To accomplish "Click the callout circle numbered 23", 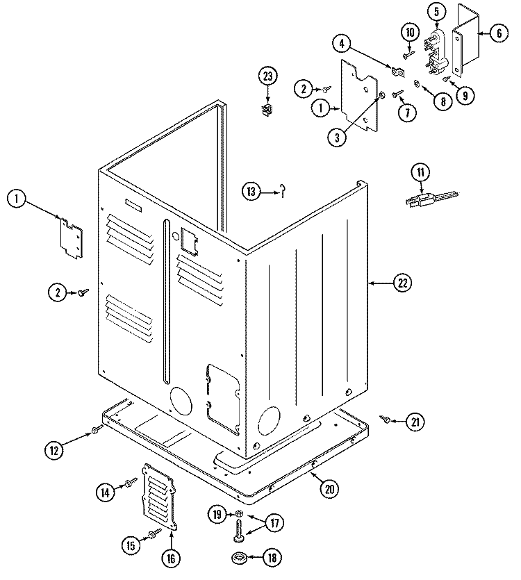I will pos(267,76).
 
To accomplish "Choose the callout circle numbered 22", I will pos(402,283).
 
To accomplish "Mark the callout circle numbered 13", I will pos(251,192).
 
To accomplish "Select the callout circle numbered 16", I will pos(170,557).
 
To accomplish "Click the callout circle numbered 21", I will pos(414,421).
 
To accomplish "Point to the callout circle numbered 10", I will pos(409,32).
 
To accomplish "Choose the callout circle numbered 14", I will pos(104,492).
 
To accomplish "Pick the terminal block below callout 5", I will pos(436,50).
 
